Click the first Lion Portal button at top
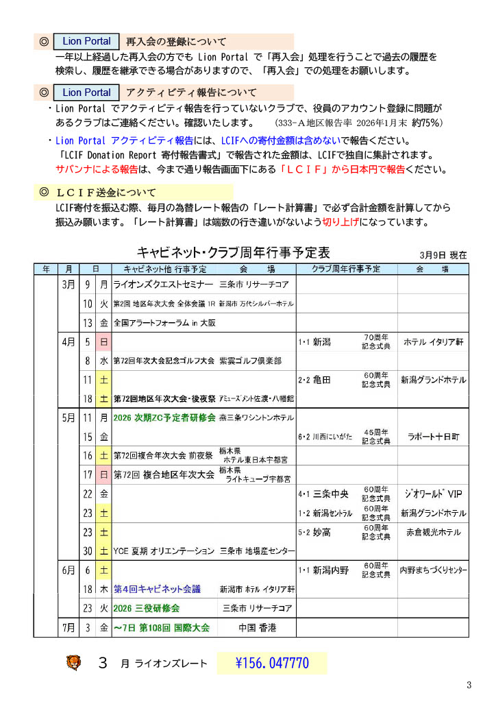[x=86, y=42]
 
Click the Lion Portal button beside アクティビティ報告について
[x=86, y=93]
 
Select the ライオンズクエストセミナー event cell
[x=164, y=285]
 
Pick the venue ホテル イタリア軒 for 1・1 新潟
[x=434, y=341]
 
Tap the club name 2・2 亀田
[x=315, y=379]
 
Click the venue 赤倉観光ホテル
[x=433, y=532]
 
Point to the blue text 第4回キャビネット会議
[x=158, y=588]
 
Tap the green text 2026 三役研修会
[x=147, y=608]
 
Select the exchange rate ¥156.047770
[x=271, y=663]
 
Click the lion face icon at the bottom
[x=73, y=663]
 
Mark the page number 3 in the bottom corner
[x=469, y=685]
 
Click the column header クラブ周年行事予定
[x=346, y=268]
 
